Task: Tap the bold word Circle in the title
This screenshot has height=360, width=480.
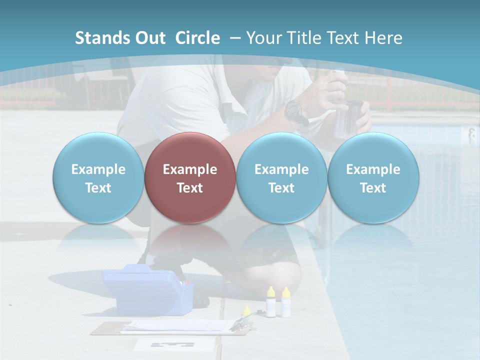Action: tap(197, 38)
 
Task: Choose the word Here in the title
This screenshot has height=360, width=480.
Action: tap(384, 38)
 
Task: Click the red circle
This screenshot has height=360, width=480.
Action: tap(190, 178)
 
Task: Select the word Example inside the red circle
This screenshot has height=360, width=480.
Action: tap(190, 169)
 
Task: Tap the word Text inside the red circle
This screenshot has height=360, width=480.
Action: tap(190, 188)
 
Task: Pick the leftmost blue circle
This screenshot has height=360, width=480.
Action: tap(98, 178)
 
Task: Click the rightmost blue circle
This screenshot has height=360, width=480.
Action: tap(373, 178)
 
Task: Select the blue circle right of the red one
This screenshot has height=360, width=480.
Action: tap(281, 178)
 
